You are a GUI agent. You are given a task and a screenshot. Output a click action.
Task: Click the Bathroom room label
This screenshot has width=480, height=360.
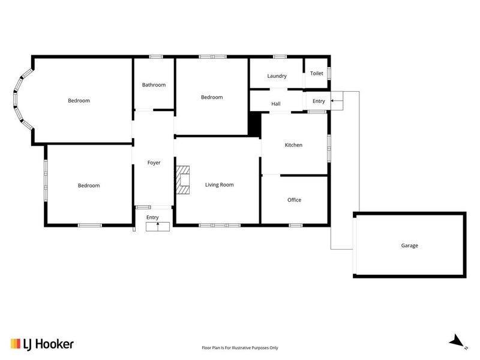(154, 85)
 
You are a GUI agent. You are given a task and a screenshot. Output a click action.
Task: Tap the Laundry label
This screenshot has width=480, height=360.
(277, 76)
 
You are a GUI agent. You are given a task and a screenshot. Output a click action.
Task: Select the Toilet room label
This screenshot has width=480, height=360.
(317, 73)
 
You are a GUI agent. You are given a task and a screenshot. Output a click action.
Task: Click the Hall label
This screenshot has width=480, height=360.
(276, 104)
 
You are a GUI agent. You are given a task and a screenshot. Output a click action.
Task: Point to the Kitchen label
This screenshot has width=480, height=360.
(293, 145)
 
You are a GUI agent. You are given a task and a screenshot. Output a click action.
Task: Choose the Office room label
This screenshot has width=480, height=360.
(294, 200)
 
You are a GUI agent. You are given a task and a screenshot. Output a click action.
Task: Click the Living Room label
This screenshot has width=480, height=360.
(219, 185)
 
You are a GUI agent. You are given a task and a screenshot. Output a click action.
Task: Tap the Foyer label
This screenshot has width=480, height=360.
(154, 163)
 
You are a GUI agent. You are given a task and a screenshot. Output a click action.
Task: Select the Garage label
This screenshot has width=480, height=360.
(409, 245)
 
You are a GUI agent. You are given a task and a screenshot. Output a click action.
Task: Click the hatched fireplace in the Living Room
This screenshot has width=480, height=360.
(183, 180)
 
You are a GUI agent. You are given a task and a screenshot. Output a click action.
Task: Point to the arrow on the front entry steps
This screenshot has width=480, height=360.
(158, 226)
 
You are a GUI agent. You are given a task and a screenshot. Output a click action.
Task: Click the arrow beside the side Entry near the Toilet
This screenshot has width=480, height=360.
(337, 100)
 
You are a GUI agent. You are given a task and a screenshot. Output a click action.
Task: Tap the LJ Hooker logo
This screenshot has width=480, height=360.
(42, 344)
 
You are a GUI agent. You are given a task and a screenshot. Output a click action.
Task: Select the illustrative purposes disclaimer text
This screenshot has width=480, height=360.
(240, 348)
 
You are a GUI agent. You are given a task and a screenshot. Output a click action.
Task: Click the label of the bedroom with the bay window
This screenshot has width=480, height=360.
(79, 100)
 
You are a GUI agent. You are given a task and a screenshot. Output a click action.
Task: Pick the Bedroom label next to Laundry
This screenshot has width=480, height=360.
(212, 97)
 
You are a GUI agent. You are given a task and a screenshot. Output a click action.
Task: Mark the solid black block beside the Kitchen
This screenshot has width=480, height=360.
(254, 124)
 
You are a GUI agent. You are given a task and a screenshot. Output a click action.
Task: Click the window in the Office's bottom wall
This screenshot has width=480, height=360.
(296, 226)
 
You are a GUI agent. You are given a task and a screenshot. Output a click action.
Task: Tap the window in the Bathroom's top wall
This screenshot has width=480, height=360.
(156, 56)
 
